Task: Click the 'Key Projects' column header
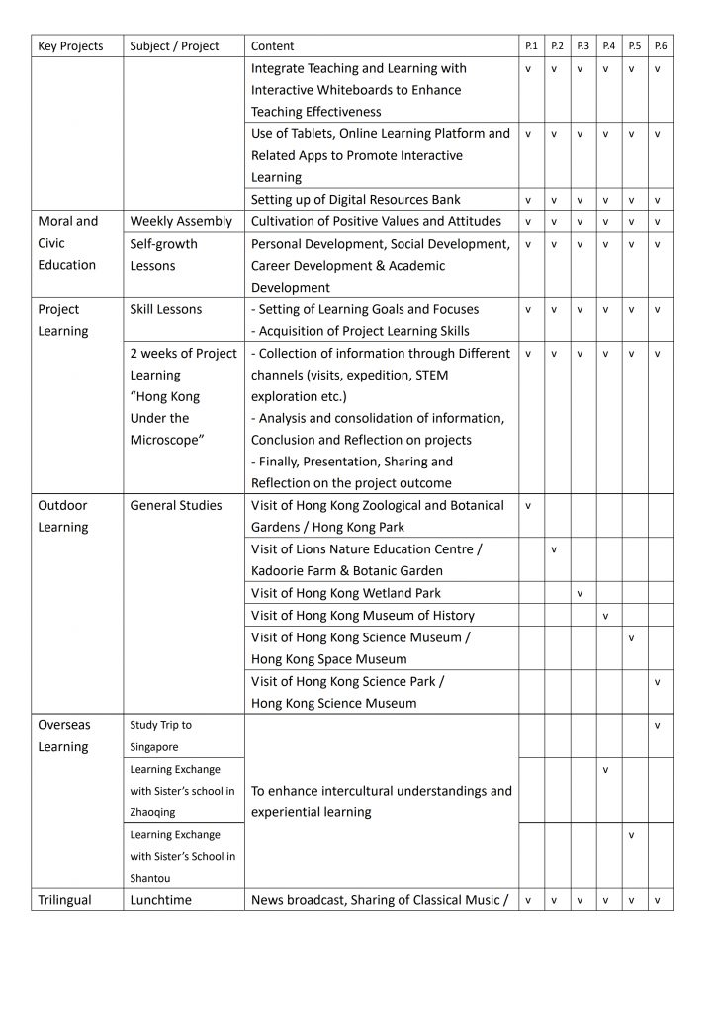coord(70,46)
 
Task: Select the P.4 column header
coord(608,46)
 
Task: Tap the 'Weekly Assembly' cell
coord(181,221)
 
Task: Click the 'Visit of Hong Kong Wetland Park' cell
coord(346,593)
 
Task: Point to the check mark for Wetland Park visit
coord(580,593)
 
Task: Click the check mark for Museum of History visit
coord(605,616)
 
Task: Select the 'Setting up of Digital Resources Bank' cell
coord(355,200)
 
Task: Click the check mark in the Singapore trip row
coord(658,725)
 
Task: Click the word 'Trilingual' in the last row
coord(64,900)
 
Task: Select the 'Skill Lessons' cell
coord(165,309)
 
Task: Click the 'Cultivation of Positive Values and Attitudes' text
coord(376,221)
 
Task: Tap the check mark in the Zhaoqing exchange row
coord(605,769)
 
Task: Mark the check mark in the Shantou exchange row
coord(631,835)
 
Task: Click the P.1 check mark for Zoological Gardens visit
coord(528,506)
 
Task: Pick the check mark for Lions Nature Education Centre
coord(554,549)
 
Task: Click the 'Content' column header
coord(272,46)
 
